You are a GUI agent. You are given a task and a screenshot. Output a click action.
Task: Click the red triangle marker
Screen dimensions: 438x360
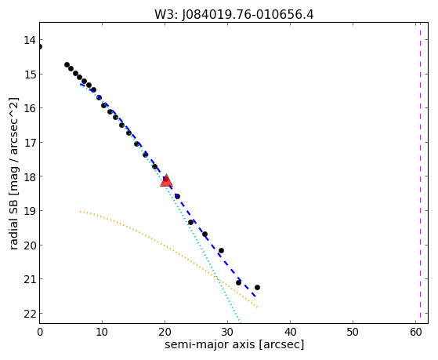pyautogui.click(x=166, y=180)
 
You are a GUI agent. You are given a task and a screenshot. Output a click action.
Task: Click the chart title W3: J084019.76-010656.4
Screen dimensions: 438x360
pyautogui.click(x=234, y=15)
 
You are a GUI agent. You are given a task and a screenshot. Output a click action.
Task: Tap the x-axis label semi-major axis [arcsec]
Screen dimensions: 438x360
pyautogui.click(x=234, y=344)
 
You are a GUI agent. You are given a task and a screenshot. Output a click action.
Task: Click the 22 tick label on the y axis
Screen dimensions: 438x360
pyautogui.click(x=30, y=314)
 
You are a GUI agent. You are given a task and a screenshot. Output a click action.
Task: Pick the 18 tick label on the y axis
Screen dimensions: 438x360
pyautogui.click(x=30, y=176)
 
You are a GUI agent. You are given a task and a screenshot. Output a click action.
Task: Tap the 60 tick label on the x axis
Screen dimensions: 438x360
pyautogui.click(x=415, y=333)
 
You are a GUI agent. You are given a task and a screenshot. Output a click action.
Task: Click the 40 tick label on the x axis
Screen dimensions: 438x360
pyautogui.click(x=290, y=333)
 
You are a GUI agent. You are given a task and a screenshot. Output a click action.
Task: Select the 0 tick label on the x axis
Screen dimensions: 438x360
pyautogui.click(x=40, y=333)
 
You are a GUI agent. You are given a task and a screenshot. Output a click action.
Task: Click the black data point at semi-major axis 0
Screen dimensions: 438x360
pyautogui.click(x=40, y=47)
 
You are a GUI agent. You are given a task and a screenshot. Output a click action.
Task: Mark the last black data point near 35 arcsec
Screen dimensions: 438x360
pyautogui.click(x=257, y=288)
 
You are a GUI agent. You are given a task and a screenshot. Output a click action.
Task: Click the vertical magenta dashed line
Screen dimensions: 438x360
pyautogui.click(x=420, y=173)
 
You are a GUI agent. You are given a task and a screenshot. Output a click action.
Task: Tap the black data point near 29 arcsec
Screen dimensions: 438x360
pyautogui.click(x=221, y=251)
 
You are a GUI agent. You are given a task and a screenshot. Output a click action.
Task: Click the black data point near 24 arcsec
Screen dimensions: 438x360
pyautogui.click(x=190, y=223)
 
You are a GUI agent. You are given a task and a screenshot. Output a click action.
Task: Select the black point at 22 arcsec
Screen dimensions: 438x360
pyautogui.click(x=177, y=196)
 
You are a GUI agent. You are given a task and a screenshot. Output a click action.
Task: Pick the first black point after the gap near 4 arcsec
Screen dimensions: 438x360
pyautogui.click(x=67, y=65)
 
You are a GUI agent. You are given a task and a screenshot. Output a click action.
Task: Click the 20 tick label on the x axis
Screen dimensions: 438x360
pyautogui.click(x=165, y=333)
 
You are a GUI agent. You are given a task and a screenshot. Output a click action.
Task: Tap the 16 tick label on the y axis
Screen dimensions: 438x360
pyautogui.click(x=30, y=108)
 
